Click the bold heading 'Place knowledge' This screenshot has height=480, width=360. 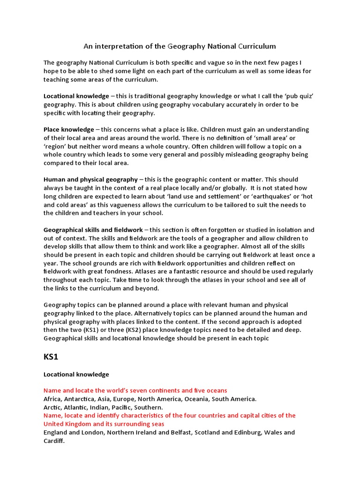(69, 129)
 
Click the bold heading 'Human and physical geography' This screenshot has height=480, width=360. (90, 180)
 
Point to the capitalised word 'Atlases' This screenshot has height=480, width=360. (145, 271)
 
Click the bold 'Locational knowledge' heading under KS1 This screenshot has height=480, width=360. (76, 374)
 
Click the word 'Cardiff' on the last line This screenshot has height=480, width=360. (54, 441)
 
